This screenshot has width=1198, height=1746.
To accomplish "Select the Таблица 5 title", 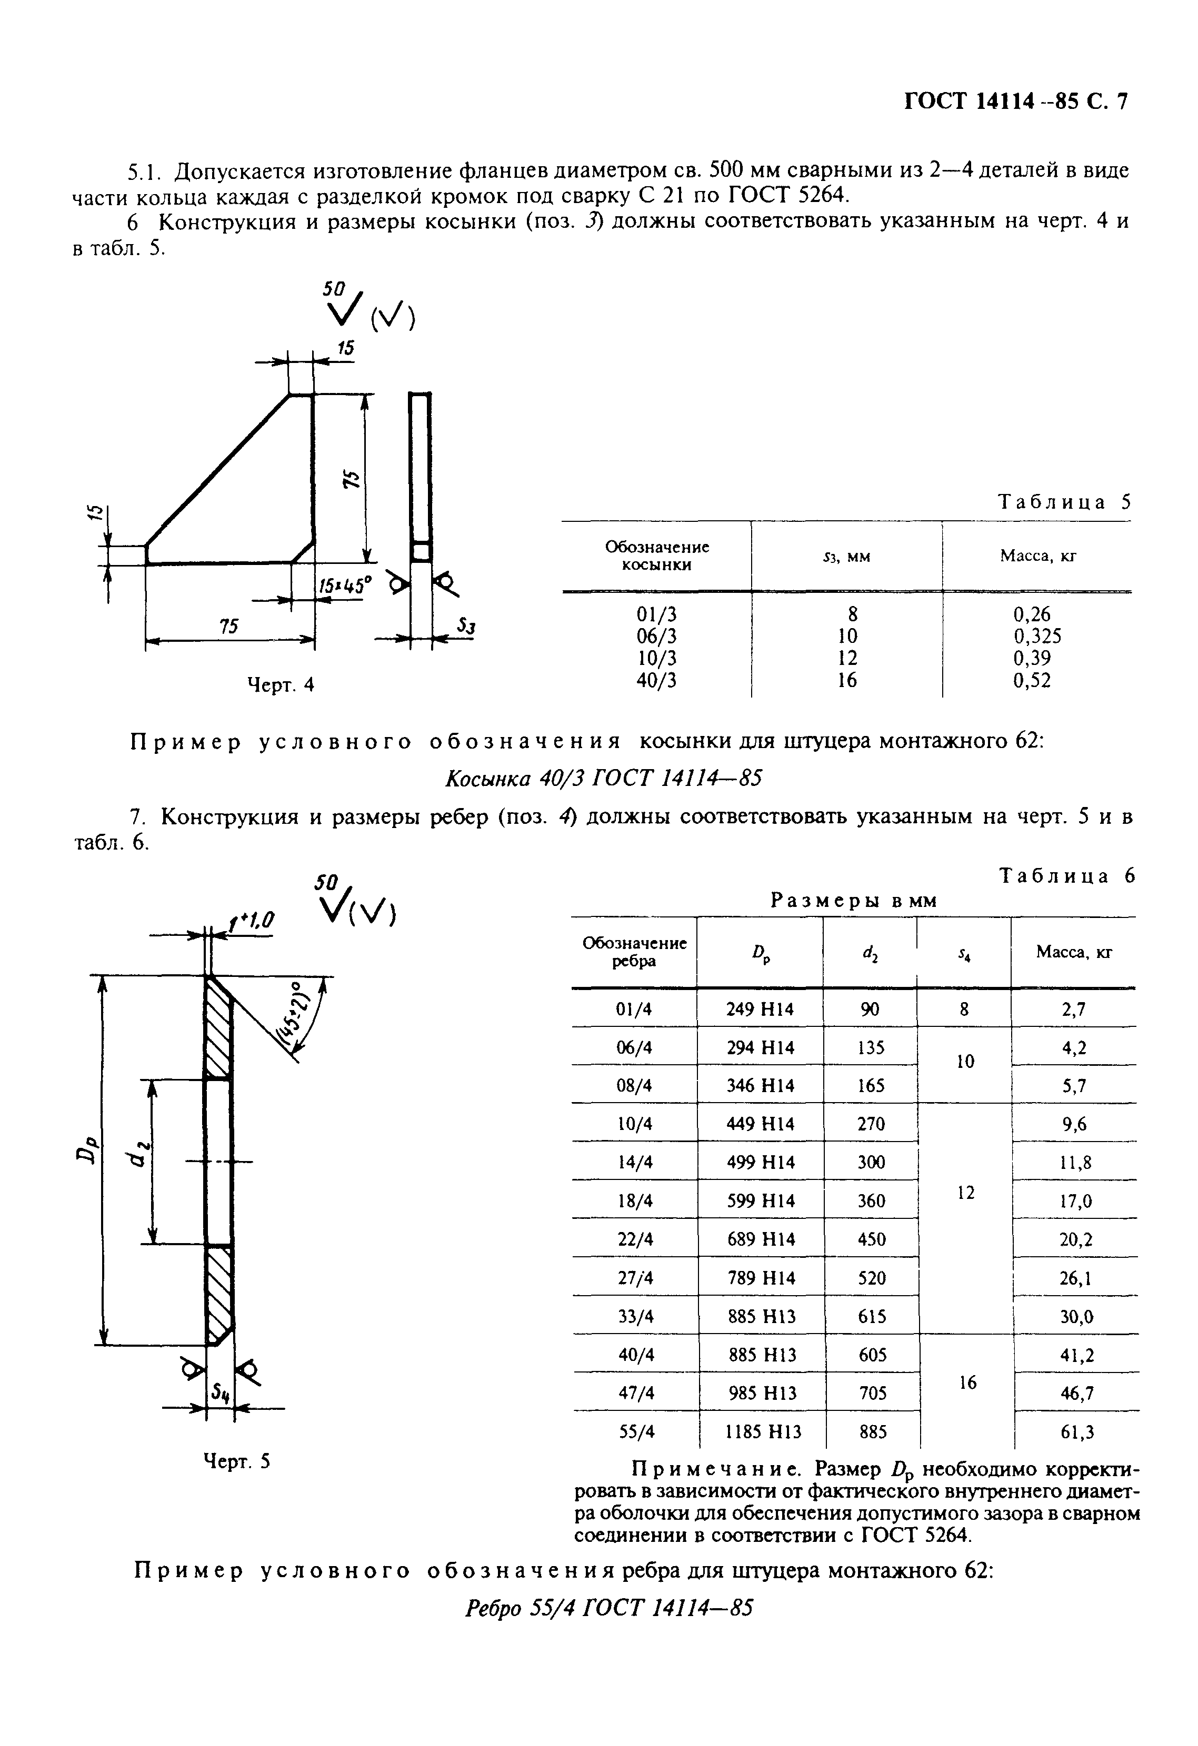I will (x=1063, y=502).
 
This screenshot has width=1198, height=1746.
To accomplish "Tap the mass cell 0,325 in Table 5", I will (x=1037, y=637).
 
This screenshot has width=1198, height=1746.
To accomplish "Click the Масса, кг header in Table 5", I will (x=1037, y=556).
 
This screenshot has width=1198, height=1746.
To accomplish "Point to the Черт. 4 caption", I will (x=281, y=684).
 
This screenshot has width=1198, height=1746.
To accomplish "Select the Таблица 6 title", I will (x=1066, y=876).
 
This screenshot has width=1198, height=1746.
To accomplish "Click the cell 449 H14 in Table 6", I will (x=760, y=1123).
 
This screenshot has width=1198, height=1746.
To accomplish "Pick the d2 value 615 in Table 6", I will (x=871, y=1316).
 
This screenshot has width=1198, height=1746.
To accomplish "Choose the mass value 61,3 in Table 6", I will (x=1077, y=1432).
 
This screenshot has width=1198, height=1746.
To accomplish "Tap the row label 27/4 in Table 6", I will (x=635, y=1278).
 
